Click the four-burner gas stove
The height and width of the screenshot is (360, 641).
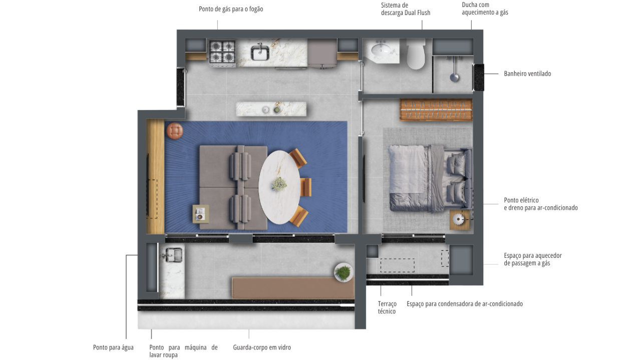pos(222,53)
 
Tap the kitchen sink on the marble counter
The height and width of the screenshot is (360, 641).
pos(260,52)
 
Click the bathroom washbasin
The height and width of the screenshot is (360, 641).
pos(381,51)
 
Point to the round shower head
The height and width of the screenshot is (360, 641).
pos(454,77)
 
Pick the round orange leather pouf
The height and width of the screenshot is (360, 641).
pos(175,131)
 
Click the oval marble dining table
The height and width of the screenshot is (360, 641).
pos(279,187)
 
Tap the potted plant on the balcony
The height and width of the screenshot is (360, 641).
pos(344,272)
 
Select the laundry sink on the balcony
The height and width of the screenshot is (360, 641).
pos(173,255)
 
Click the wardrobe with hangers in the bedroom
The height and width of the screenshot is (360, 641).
pos(436,110)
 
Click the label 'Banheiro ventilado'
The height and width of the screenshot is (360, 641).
pos(527,74)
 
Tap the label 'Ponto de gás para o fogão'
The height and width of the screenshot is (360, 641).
pos(231,9)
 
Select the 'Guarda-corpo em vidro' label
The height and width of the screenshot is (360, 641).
pos(262,347)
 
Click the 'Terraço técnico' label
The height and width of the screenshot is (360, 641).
pos(387,307)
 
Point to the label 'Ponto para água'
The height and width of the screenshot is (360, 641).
pos(113,347)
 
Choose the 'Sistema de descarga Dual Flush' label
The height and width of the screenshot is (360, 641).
pos(406,9)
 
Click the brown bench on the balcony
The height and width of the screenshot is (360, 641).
pos(293,288)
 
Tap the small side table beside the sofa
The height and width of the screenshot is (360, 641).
pos(201,214)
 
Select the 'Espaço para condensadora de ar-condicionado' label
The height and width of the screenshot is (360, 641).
pos(465,304)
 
